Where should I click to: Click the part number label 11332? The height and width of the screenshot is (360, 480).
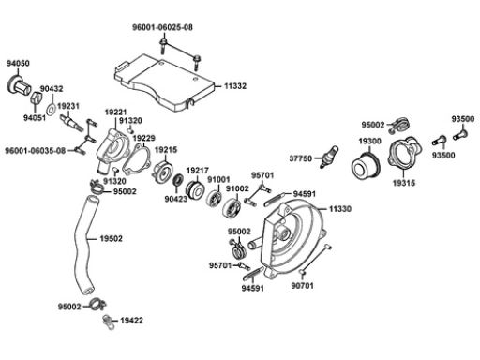(235, 85)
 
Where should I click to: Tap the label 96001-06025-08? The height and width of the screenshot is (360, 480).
(162, 27)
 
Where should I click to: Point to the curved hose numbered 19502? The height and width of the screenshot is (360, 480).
(85, 245)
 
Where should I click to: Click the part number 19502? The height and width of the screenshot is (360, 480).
(112, 238)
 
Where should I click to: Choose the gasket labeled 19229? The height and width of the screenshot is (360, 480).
(137, 159)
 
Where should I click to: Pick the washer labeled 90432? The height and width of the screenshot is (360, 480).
(51, 110)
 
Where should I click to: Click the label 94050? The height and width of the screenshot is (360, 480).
(18, 63)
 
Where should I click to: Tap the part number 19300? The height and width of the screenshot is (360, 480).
(369, 141)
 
